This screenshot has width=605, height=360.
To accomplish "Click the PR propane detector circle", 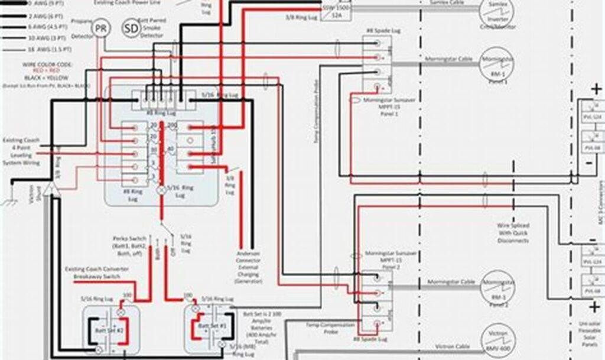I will click(x=102, y=28).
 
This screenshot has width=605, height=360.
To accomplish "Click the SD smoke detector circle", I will click(x=131, y=28).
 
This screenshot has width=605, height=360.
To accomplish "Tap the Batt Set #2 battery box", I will click(x=105, y=326).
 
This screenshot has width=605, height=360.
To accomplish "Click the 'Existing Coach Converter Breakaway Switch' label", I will click(x=97, y=272).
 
